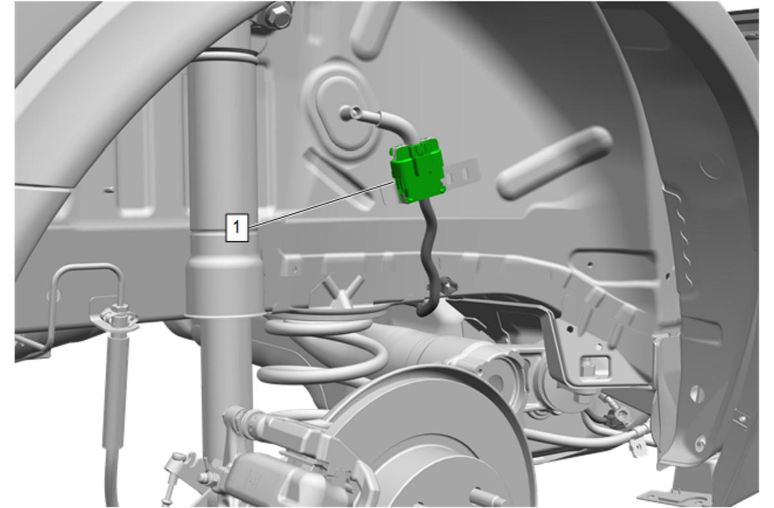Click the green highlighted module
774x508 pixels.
coord(417,171)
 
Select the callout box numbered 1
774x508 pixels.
coord(237,227)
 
